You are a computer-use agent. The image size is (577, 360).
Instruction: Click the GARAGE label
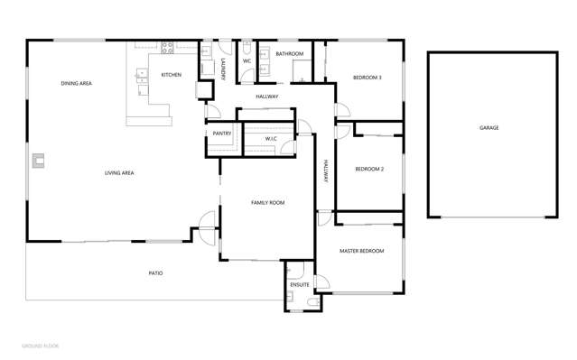pyautogui.click(x=489, y=128)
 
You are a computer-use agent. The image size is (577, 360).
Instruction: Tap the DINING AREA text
pyautogui.click(x=77, y=84)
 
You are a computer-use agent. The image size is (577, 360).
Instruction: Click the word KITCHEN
pyautogui.click(x=172, y=75)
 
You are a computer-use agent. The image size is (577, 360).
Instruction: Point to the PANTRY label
pyautogui.click(x=222, y=134)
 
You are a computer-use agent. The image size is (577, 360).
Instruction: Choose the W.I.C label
pyautogui.click(x=270, y=138)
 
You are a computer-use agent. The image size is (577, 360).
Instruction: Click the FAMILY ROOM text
pyautogui.click(x=267, y=203)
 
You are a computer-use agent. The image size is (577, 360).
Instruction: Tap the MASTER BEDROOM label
pyautogui.click(x=361, y=250)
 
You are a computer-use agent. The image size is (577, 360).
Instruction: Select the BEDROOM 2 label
pyautogui.click(x=370, y=169)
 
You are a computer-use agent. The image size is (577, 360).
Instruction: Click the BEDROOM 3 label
pyautogui.click(x=367, y=78)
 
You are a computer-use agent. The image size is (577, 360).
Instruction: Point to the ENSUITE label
pyautogui.click(x=300, y=285)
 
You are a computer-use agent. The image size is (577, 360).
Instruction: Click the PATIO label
pyautogui.click(x=156, y=272)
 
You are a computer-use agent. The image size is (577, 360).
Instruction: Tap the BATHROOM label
pyautogui.click(x=290, y=54)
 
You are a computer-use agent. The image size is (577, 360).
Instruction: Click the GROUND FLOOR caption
pyautogui.click(x=40, y=346)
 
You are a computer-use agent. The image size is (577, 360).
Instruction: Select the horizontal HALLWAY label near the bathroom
pyautogui.click(x=267, y=97)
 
